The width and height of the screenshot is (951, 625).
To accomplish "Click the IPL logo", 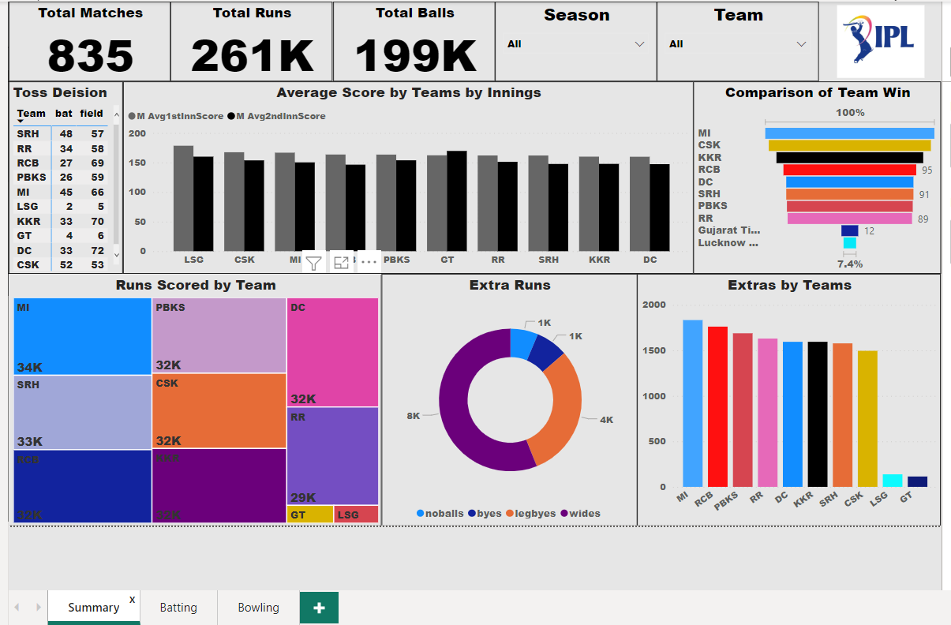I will pyautogui.click(x=880, y=41).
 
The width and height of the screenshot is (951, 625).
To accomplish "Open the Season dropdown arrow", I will pyautogui.click(x=639, y=44).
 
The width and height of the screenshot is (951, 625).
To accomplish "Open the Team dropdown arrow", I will pyautogui.click(x=801, y=44).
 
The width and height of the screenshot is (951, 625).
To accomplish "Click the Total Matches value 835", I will pyautogui.click(x=91, y=55).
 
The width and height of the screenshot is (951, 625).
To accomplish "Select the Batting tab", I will pyautogui.click(x=178, y=608).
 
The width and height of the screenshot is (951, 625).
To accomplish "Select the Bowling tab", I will pyautogui.click(x=258, y=608).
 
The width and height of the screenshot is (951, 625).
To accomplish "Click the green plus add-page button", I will pyautogui.click(x=319, y=608).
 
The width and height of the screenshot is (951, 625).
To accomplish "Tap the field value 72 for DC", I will pyautogui.click(x=97, y=250).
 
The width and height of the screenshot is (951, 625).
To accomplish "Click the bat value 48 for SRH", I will pyautogui.click(x=66, y=134).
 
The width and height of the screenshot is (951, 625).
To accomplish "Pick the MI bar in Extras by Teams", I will pyautogui.click(x=692, y=402).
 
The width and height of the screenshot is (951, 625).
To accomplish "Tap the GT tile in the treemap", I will pyautogui.click(x=309, y=515).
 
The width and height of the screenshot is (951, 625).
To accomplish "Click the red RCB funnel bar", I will pyautogui.click(x=849, y=170).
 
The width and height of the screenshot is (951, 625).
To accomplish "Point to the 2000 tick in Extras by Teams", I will pyautogui.click(x=653, y=305).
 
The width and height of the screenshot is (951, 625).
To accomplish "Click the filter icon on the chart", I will pyautogui.click(x=313, y=264).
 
